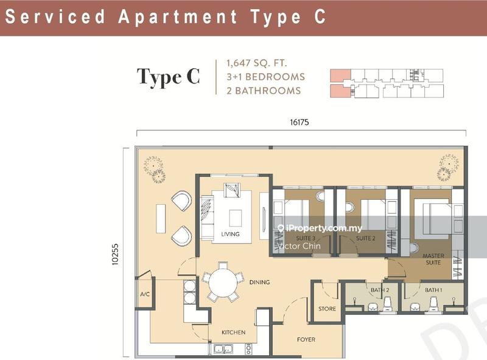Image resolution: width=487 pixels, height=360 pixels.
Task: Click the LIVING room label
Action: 230,234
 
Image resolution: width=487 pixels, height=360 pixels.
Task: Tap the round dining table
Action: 222,283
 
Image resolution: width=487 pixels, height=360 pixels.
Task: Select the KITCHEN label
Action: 234,333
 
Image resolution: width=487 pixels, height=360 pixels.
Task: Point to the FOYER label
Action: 306,339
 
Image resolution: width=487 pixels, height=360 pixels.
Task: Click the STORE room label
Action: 327,309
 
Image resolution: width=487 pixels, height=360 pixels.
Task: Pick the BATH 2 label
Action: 380,290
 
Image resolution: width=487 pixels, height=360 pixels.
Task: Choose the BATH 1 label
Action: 433,290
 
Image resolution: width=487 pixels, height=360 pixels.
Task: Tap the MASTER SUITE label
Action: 433,259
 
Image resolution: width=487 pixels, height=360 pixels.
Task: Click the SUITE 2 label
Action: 366,238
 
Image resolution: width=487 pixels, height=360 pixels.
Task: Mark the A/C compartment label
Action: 145,294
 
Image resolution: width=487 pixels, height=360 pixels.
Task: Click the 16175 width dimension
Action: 300,122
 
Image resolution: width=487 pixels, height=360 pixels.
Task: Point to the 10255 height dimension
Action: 115,254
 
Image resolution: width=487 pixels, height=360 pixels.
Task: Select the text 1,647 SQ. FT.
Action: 256,63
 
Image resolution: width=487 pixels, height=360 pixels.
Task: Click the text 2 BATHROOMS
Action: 264,91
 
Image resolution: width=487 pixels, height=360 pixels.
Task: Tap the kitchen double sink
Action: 223,349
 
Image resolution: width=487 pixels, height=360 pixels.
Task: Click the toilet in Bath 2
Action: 387,304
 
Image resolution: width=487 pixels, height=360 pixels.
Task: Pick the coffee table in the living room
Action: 236,218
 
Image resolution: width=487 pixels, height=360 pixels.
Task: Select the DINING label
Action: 259,282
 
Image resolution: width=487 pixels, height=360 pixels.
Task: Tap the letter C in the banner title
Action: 320,16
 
